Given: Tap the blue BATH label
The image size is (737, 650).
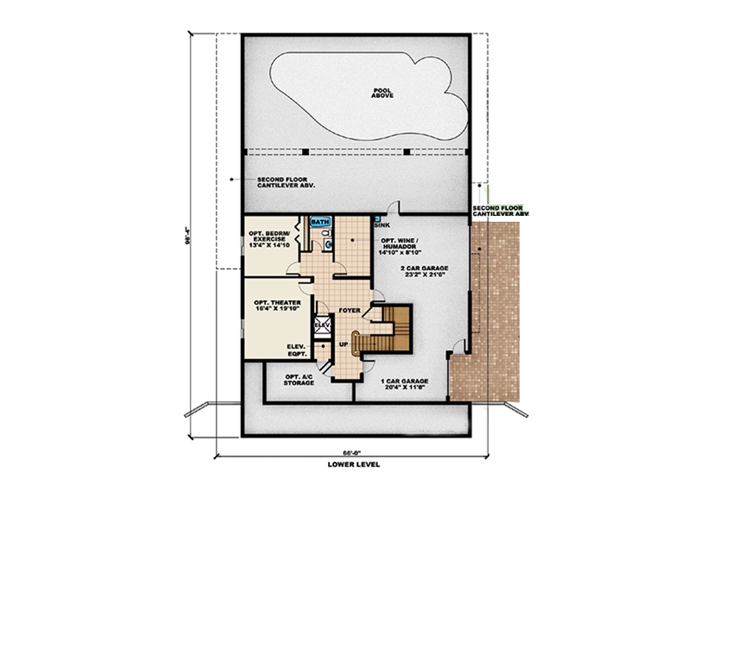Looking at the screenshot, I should pyautogui.click(x=320, y=221).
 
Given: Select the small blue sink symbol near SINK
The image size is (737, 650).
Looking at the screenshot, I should pyautogui.click(x=377, y=219).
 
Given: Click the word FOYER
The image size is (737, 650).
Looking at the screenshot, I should pyautogui.click(x=349, y=310).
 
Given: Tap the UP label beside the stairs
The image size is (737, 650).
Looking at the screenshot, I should pyautogui.click(x=343, y=344).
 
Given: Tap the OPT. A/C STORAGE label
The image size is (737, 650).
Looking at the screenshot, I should pyautogui.click(x=299, y=380).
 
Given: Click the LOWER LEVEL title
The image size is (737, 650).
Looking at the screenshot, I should pyautogui.click(x=354, y=465).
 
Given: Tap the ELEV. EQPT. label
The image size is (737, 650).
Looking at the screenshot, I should pyautogui.click(x=298, y=350).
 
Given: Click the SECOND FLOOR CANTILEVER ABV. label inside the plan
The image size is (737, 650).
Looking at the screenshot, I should pyautogui.click(x=286, y=183).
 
